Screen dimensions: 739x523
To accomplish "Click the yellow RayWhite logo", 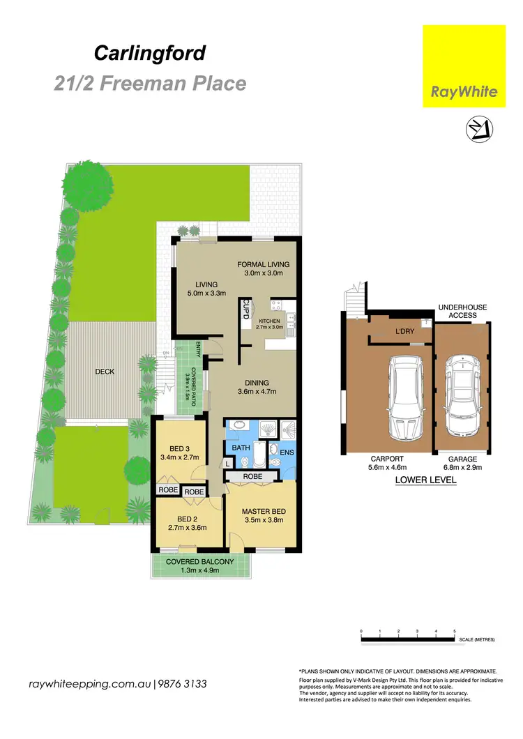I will point(464,66).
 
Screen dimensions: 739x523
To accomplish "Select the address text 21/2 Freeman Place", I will point(150,84).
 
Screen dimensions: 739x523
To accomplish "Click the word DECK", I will point(105,372).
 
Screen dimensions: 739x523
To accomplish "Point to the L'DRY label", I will point(404,331).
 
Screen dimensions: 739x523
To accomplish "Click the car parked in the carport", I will point(395,397).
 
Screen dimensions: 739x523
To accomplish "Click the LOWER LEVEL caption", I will point(425,480).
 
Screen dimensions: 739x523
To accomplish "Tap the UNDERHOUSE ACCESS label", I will point(462,311).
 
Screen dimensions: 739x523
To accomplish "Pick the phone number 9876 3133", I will point(182,684).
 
